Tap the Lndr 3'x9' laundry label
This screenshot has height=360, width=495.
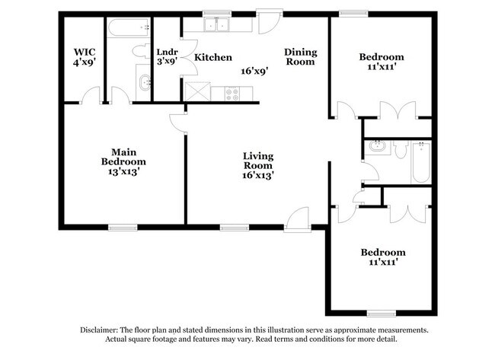167,57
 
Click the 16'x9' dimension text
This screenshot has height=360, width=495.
254,70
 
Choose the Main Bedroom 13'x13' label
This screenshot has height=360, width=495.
123,162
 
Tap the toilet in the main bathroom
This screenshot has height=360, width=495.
141,52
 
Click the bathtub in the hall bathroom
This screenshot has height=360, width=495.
422,161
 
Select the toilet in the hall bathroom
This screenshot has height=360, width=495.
400,149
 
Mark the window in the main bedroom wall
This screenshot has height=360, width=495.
123,226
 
